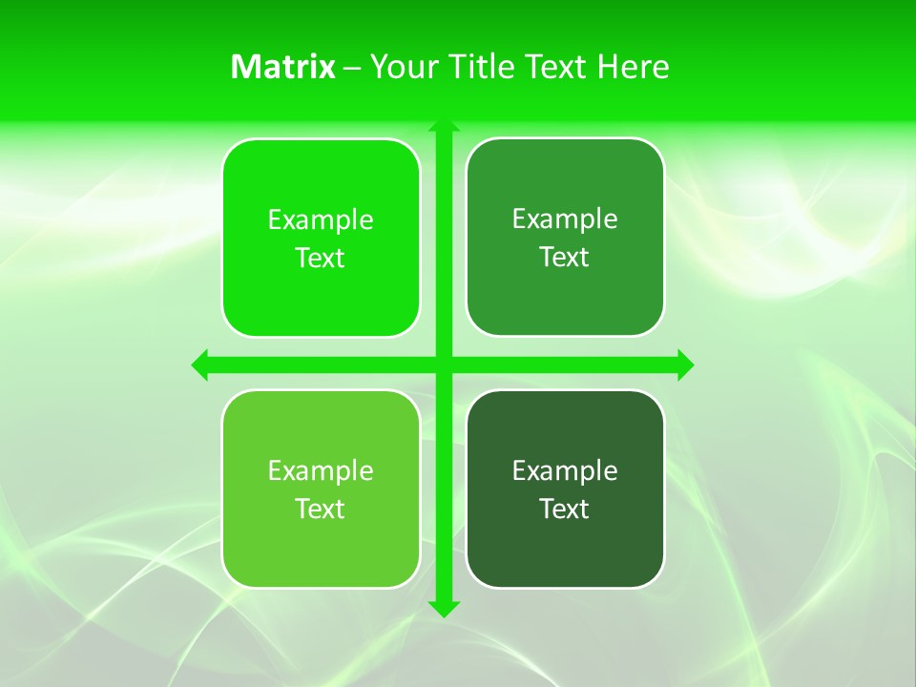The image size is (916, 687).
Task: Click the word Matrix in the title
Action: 283,67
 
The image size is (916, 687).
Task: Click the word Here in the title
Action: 634,67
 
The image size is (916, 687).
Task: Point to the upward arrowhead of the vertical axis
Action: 444,126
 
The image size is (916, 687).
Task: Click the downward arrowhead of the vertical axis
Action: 444,609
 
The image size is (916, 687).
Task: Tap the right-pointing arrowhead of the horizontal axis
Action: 685,364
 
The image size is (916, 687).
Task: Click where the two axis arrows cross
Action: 444,364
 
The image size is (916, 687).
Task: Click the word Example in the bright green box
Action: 321,220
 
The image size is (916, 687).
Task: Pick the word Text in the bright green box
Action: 321,259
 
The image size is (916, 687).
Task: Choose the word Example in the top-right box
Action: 565,219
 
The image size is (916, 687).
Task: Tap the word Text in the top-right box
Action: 565,258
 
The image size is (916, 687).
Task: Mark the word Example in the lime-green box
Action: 321,471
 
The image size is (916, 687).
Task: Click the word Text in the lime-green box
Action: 321,510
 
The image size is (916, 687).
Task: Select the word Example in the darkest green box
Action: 565,471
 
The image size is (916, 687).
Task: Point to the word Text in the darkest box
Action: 565,510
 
